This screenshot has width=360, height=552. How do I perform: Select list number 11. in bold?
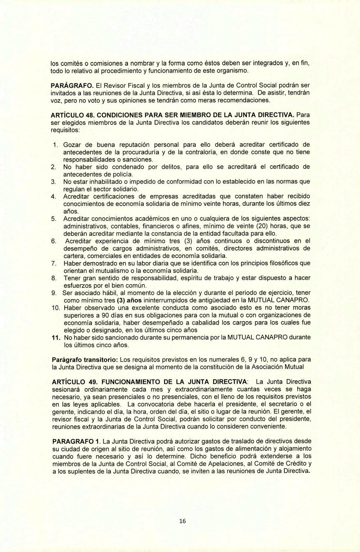pos(55,337)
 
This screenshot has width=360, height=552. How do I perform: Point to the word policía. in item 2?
pos(123,175)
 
